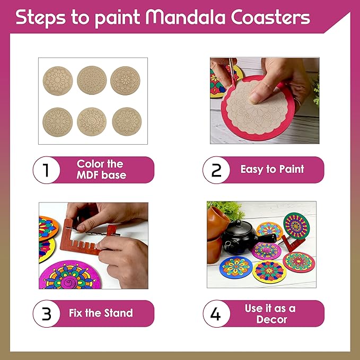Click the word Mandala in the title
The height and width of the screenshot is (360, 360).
[x=186, y=17]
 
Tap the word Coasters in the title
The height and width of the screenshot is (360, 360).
[x=270, y=17]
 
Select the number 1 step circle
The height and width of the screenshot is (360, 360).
[x=47, y=170]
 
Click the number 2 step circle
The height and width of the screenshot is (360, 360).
[x=216, y=170]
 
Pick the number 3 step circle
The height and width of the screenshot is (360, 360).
[x=47, y=314]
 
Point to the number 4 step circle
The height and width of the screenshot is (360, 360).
[x=216, y=314]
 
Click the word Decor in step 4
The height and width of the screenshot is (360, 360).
[x=271, y=319]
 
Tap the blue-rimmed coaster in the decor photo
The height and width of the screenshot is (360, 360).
[x=236, y=267]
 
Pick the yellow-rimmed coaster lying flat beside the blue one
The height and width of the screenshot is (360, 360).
[x=269, y=271]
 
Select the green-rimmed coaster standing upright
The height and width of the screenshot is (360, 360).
[x=296, y=226]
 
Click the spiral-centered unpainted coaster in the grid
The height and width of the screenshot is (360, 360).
[x=92, y=122]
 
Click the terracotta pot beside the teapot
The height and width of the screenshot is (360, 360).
[x=218, y=234]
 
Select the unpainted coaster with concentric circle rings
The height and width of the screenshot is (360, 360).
[x=92, y=80]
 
